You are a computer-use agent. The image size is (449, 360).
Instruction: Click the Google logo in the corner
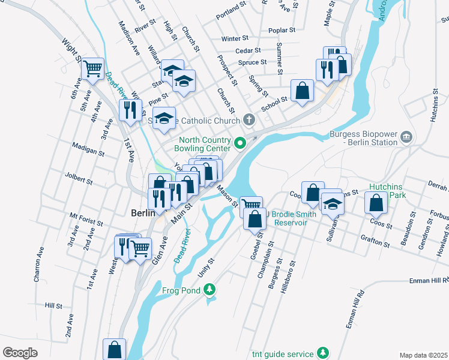click(x=20, y=353)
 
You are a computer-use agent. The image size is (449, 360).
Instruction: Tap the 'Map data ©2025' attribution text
click(x=424, y=355)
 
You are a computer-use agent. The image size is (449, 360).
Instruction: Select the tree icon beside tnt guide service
click(x=323, y=353)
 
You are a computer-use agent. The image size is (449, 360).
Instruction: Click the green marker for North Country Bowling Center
click(x=240, y=143)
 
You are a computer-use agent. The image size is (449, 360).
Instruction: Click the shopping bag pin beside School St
click(x=303, y=91)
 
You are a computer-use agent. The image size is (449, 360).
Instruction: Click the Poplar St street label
click(x=282, y=29)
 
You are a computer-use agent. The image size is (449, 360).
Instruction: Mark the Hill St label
click(x=53, y=305)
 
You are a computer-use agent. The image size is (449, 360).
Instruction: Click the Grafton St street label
click(x=376, y=245)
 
